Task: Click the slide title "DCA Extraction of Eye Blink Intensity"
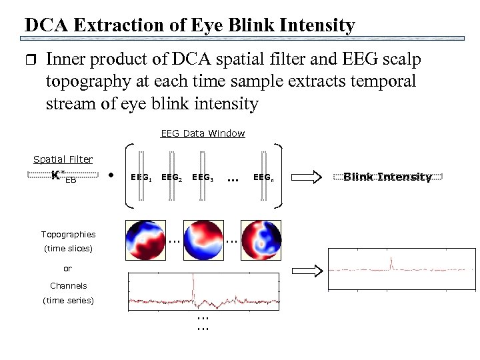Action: point(189,25)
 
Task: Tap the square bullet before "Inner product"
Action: point(28,60)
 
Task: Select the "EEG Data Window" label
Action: point(203,133)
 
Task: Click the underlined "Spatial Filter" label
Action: point(63,159)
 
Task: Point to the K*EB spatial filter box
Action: point(63,177)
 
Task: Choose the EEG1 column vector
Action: point(141,177)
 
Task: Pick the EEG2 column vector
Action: point(171,177)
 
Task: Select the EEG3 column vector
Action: point(202,177)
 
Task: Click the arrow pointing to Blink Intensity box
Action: point(307,177)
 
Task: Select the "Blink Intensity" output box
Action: point(387,177)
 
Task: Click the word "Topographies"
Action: point(68,235)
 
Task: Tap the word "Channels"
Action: point(68,286)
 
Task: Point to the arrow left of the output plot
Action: point(307,270)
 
